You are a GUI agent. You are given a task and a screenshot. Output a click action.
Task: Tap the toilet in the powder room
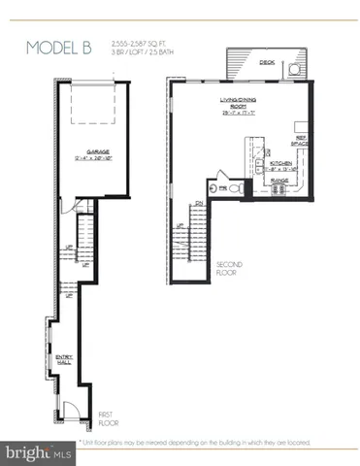click(x=236, y=188)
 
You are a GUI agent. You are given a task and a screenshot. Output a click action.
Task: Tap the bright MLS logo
click(x=35, y=452)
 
